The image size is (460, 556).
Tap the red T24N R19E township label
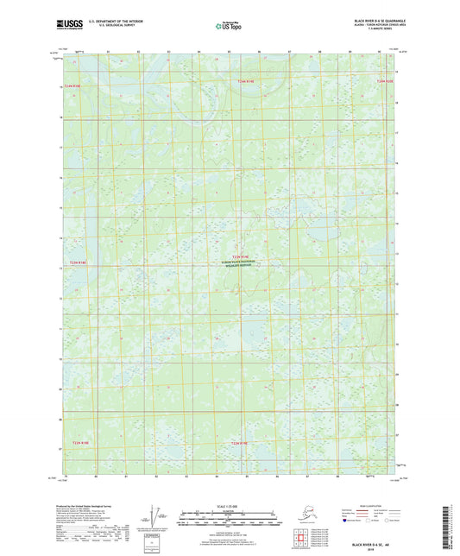coord(246,81)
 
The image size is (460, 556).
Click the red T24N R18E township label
coord(79,86)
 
